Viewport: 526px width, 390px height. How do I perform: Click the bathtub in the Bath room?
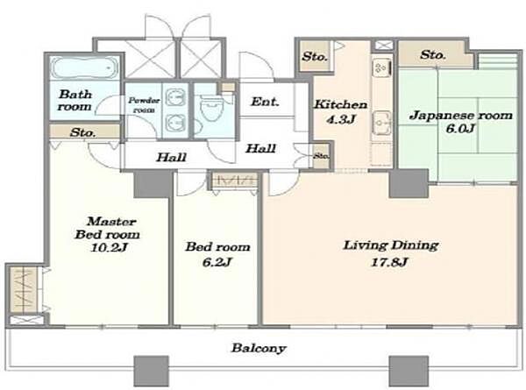(84, 68)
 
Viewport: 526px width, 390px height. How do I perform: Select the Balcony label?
(259, 348)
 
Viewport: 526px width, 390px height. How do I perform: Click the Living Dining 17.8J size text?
(388, 262)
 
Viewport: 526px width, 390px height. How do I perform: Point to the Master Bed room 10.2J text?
(107, 234)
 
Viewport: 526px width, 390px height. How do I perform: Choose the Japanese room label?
(461, 116)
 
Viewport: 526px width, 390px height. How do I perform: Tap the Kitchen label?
(340, 104)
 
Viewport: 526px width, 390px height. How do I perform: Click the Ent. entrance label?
(265, 102)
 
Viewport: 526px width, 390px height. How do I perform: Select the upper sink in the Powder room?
(176, 97)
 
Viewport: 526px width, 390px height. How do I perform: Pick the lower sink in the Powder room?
(176, 123)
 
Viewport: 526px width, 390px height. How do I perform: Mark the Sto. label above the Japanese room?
(433, 54)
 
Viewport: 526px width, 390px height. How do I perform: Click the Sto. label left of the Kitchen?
(314, 56)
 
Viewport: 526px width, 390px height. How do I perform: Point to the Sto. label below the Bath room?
(83, 133)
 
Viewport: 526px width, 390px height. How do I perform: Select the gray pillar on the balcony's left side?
(151, 372)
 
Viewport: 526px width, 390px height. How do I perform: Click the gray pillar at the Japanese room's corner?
(409, 183)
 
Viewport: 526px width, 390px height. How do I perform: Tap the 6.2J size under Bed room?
(217, 262)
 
